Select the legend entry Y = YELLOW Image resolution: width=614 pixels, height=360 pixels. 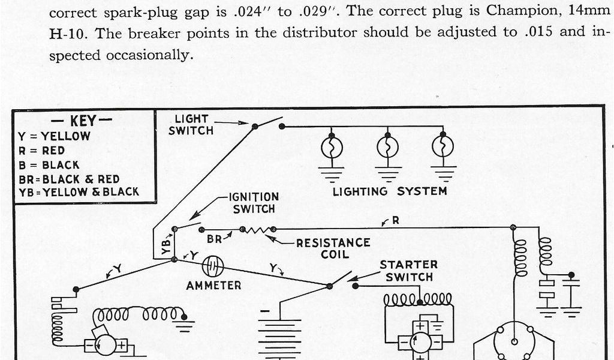coord(55,136)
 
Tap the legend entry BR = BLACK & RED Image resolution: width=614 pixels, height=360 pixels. coord(69,179)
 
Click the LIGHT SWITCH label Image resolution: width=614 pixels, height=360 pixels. coord(191,124)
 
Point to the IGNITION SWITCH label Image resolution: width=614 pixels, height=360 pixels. coord(254,203)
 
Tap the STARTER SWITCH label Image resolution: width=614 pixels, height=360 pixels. coord(409,271)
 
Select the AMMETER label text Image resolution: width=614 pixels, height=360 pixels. coord(213,286)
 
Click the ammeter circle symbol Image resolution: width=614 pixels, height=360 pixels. coord(213,266)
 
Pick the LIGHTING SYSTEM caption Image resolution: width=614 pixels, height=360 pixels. coord(390,191)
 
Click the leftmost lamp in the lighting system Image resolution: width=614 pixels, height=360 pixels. coord(332,146)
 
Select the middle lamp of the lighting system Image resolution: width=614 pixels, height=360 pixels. coord(387,146)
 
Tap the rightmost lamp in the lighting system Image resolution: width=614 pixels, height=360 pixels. coord(443,146)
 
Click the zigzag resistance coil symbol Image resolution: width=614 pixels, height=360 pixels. coord(258,229)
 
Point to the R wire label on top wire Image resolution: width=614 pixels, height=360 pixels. coord(395,221)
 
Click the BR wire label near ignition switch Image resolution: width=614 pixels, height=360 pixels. coord(215,239)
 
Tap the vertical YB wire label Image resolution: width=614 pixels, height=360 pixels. coord(166,245)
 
